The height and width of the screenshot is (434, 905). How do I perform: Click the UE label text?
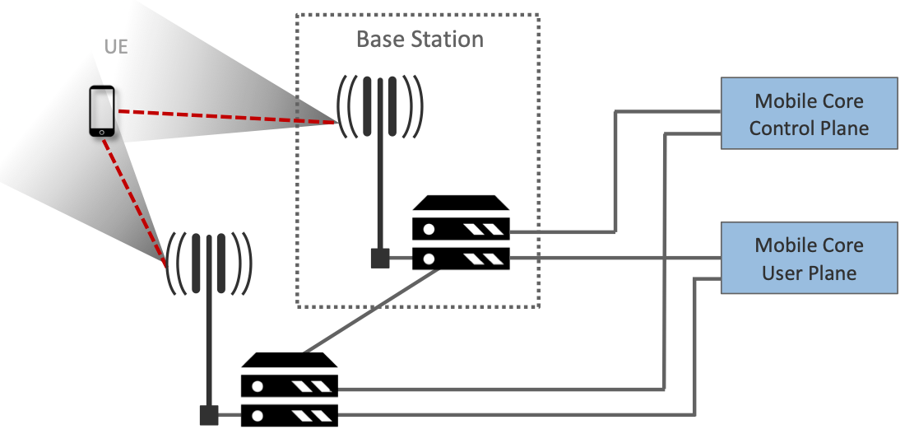point(116,47)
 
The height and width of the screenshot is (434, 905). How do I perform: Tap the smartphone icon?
point(102,110)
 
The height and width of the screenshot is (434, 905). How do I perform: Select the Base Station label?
point(420,39)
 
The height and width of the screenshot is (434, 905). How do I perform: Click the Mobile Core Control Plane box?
point(809,114)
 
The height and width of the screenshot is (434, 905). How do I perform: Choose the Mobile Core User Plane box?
point(809,258)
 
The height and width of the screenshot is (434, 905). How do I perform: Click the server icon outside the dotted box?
point(290,389)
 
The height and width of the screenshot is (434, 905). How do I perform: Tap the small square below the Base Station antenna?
point(380,259)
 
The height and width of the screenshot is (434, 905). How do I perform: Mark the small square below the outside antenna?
point(209,416)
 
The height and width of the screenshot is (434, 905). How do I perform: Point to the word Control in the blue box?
point(782,128)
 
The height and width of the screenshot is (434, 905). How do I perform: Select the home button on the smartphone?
point(102,131)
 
